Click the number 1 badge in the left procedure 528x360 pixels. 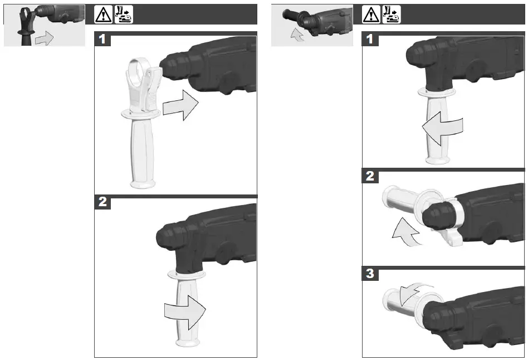point(102,40)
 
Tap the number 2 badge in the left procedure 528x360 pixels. point(102,202)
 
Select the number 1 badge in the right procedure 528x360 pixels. point(370,40)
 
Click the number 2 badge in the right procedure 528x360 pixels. point(370,177)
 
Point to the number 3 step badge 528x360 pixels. point(370,274)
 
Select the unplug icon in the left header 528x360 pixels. point(124,14)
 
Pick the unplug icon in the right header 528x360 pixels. point(392,14)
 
